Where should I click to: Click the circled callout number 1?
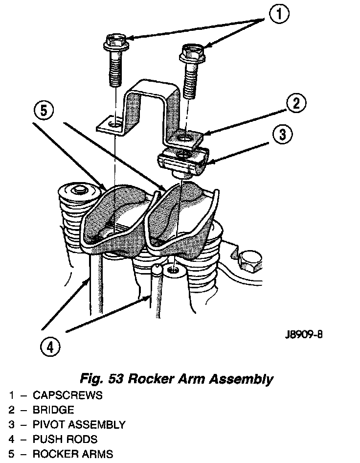(277, 15)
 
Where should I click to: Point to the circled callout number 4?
(50, 347)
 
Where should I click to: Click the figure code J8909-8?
(304, 336)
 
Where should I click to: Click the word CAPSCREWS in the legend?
(67, 395)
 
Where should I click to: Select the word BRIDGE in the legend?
(53, 410)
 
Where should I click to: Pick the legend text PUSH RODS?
(65, 439)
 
